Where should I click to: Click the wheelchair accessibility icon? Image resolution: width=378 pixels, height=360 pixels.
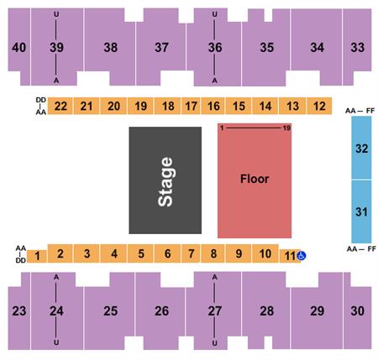[302, 255]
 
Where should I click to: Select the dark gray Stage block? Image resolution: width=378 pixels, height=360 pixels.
[165, 180]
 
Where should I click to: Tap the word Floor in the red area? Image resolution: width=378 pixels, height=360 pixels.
[255, 179]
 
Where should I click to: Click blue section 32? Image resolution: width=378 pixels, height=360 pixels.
[361, 148]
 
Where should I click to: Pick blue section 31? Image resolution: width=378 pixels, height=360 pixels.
[361, 211]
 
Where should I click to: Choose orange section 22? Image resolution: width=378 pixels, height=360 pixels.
[60, 106]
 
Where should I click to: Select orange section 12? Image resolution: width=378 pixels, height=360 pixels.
[319, 106]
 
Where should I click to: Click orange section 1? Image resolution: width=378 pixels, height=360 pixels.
[37, 256]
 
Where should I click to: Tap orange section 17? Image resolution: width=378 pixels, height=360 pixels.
[191, 106]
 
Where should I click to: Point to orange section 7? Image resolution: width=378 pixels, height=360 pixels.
[191, 253]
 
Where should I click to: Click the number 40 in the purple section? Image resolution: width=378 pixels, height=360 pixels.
[19, 47]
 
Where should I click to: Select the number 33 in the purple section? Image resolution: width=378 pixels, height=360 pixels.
[358, 47]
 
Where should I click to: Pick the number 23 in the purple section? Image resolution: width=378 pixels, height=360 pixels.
[19, 310]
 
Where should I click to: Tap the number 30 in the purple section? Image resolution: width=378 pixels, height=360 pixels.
[358, 310]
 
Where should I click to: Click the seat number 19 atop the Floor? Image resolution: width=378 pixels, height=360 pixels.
[286, 128]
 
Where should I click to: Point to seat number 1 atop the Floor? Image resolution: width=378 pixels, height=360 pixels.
[222, 128]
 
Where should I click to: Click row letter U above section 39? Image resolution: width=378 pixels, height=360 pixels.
[56, 14]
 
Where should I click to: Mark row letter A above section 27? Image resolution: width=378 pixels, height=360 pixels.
[214, 277]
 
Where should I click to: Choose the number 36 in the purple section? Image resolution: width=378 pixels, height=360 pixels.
[215, 47]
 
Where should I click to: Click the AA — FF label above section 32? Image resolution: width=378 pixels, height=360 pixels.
[360, 111]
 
